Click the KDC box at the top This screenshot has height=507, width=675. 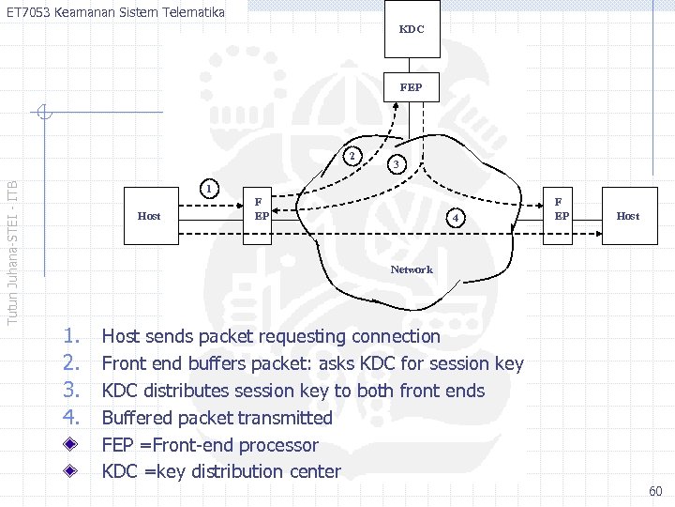[412, 29]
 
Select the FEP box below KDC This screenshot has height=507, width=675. [411, 87]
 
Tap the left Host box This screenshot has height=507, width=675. [149, 216]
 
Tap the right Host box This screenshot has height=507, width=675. [627, 216]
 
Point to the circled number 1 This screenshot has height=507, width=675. [212, 189]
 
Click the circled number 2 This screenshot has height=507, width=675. [351, 156]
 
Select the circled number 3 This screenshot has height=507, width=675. [397, 163]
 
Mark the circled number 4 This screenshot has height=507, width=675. [455, 219]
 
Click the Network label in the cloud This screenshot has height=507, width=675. [412, 269]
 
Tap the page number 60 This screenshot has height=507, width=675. [654, 491]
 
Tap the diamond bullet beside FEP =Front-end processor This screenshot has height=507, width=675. [71, 445]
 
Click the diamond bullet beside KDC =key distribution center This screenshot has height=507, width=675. [71, 471]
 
